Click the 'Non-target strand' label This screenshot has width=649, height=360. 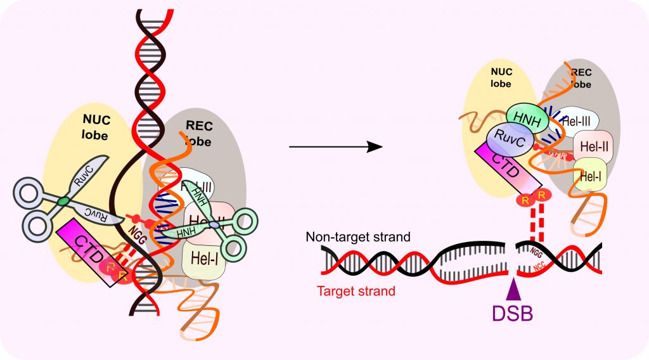pos(359,237)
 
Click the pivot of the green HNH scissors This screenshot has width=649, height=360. pos(215,225)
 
